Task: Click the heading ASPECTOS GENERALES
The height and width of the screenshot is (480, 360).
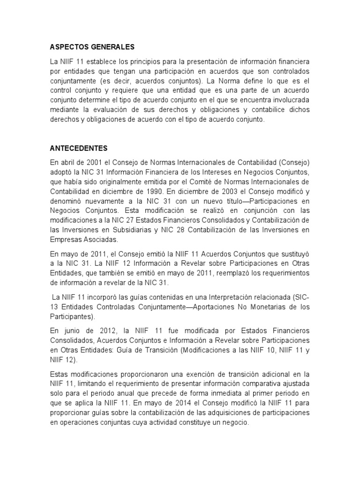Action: [x=92, y=47]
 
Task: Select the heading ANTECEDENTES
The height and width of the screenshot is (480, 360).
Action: [x=79, y=149]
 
